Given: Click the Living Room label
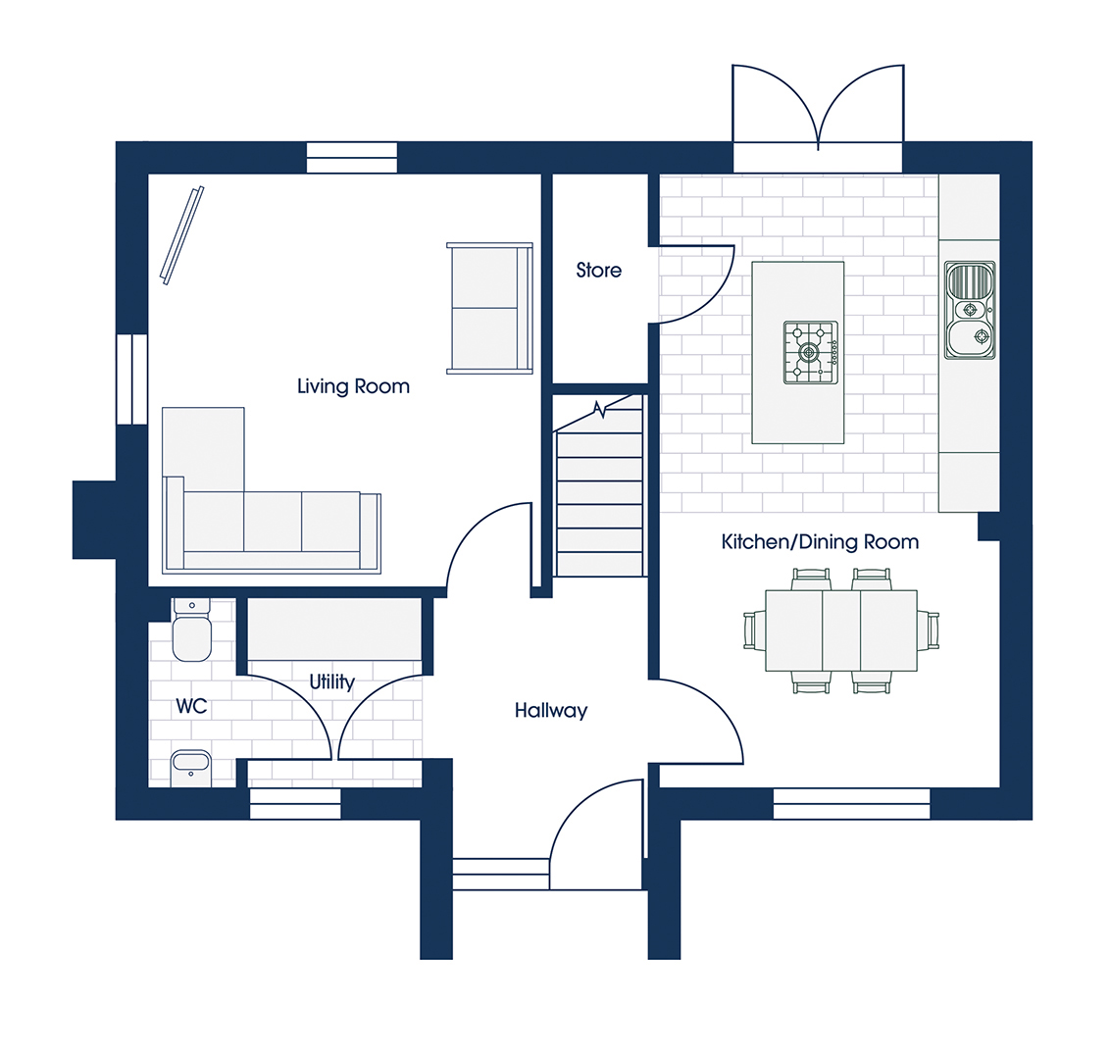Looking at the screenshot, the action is tap(353, 386).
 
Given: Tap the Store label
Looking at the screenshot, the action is tap(599, 271).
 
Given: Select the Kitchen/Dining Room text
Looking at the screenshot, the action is tap(820, 542).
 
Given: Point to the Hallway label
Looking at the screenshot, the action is tap(551, 711).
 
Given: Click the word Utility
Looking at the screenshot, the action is tap(332, 681).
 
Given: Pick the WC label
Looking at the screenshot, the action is tap(191, 706).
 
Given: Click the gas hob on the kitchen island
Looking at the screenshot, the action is tap(811, 353).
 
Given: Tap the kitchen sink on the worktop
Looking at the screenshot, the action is tap(970, 310).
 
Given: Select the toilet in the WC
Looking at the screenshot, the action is tap(191, 630).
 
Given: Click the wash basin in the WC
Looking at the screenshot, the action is tap(191, 769).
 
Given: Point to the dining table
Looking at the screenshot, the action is tap(841, 630).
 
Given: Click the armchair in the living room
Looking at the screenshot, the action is tap(490, 308).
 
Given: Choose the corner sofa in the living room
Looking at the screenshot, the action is tap(272, 490).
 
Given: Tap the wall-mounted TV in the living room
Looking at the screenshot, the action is tap(182, 235).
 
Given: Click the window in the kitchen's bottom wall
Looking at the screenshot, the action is tap(851, 804).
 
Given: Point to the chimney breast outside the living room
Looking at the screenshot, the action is tap(94, 521).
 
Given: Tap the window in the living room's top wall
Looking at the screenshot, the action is tap(352, 157).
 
